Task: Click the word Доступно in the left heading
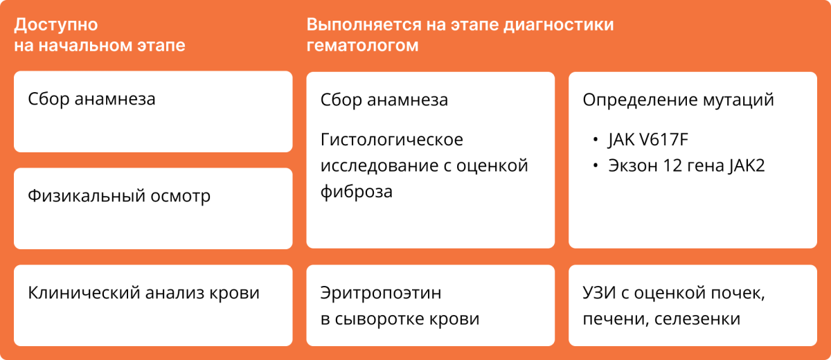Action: [x=56, y=26]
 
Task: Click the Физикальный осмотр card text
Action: [x=119, y=196]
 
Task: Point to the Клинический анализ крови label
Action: [x=144, y=293]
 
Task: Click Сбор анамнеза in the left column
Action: [x=91, y=99]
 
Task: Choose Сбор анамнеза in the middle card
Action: [x=384, y=100]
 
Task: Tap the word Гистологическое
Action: [x=392, y=140]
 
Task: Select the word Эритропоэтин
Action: [x=381, y=293]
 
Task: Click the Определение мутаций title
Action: [x=678, y=100]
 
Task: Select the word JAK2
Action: [x=744, y=167]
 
